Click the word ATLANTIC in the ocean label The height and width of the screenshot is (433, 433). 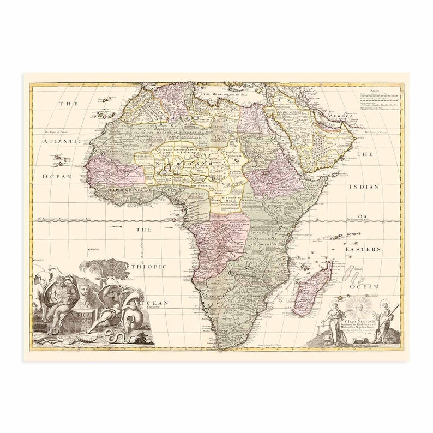(x=62, y=141)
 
